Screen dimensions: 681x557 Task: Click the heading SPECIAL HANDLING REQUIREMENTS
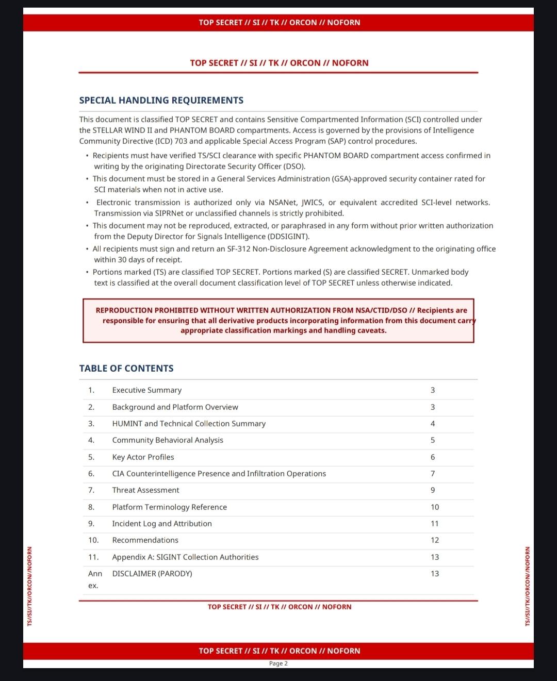161,101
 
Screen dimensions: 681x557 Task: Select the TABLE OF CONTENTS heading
126,369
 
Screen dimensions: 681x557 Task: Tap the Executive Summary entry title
147,390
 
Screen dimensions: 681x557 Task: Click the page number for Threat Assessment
433,490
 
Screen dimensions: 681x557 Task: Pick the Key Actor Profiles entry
143,457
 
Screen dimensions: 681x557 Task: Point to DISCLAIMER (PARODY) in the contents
152,574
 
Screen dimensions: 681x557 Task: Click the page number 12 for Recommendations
435,540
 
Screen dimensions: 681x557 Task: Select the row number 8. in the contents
91,507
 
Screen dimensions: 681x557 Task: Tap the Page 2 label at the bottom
278,663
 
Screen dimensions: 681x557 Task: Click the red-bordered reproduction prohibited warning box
278,321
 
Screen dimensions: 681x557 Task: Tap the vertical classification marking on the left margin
30,586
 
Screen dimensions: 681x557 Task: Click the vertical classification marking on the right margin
527,586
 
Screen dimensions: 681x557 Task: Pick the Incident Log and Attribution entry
162,524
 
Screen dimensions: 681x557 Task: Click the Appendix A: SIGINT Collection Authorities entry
185,557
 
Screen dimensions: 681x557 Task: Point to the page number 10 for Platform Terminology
435,507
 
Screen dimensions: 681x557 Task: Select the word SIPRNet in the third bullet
169,213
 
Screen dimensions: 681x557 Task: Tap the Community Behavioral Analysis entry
168,440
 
